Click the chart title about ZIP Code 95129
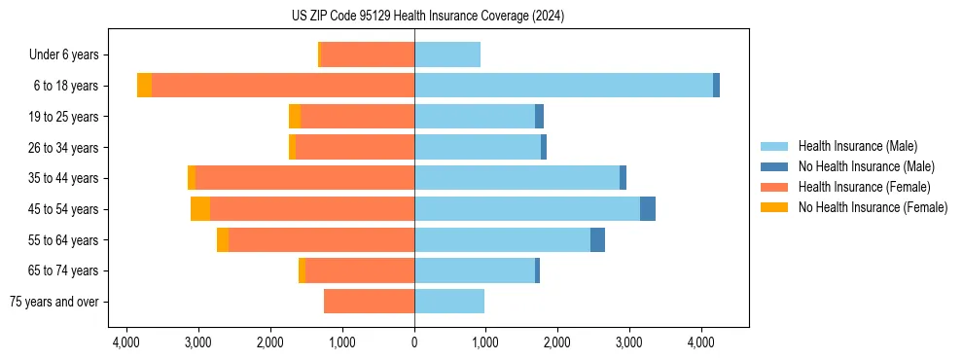[427, 17]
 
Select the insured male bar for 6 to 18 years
[563, 86]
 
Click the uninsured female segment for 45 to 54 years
[200, 209]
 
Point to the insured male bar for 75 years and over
[449, 302]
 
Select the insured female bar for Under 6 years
[368, 54]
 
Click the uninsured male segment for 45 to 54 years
[648, 209]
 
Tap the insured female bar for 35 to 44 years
[305, 178]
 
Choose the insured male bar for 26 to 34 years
[478, 147]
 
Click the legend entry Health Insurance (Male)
[857, 146]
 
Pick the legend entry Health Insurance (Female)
[864, 187]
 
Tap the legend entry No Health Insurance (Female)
[873, 207]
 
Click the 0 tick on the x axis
[414, 342]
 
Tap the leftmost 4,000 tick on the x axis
[126, 342]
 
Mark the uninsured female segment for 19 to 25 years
[295, 117]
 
